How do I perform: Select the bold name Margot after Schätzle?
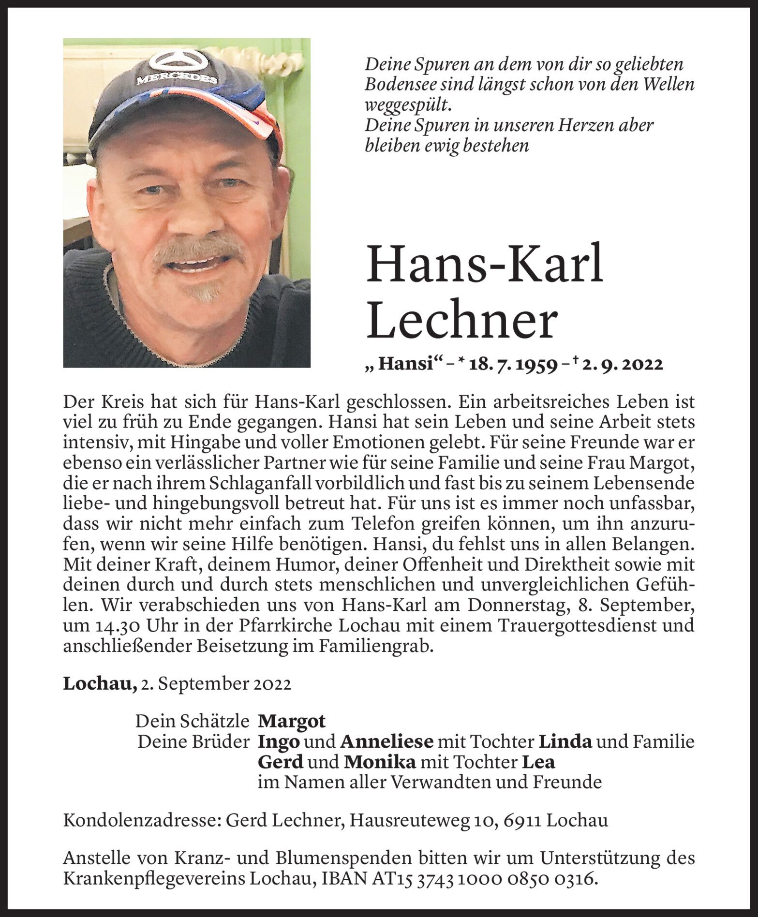(292, 721)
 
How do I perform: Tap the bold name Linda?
(565, 741)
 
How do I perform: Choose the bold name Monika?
(380, 762)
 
